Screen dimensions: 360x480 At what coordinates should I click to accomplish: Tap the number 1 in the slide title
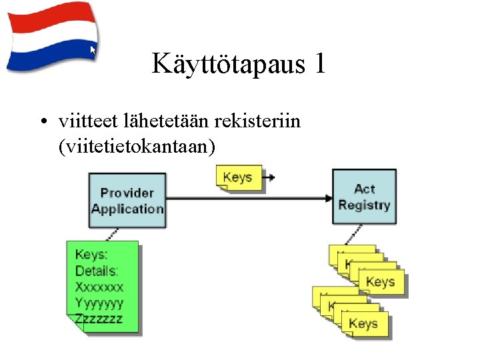click(x=319, y=64)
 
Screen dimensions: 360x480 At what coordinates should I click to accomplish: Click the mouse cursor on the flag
click(x=93, y=50)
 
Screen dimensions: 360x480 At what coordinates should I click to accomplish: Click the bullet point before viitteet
click(x=42, y=123)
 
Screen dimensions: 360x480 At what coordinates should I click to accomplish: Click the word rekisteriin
click(x=257, y=121)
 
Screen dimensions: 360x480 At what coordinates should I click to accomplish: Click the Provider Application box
click(x=127, y=201)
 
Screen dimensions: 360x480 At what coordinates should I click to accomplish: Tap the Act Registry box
click(x=364, y=197)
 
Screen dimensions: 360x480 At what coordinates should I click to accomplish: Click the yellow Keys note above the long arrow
click(x=237, y=177)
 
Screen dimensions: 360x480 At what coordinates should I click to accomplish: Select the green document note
click(x=103, y=287)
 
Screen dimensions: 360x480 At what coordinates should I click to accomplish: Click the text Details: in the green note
click(x=97, y=271)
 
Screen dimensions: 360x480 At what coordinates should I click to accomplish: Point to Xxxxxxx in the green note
click(x=99, y=287)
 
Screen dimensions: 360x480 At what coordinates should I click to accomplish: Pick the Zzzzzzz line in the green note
click(x=99, y=319)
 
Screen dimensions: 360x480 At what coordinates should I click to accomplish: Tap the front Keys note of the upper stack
click(x=381, y=282)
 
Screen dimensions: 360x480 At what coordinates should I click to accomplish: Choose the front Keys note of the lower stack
click(x=364, y=323)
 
